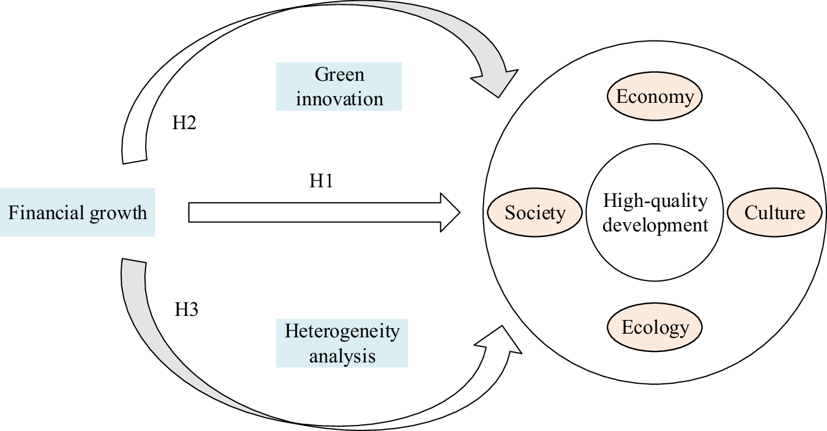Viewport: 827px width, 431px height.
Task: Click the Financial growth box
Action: coord(77,212)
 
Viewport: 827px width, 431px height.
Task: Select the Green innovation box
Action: coord(339,86)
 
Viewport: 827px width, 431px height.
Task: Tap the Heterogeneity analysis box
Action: coord(342,343)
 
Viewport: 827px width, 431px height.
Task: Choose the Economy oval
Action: coord(655,97)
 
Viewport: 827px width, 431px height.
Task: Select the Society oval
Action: coord(535,212)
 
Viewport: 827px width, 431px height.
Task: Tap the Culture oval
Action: coord(774,212)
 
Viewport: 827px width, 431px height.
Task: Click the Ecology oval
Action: coord(655,328)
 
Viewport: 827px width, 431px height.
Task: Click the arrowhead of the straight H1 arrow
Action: coord(450,212)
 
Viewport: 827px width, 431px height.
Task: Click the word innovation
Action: coord(339,99)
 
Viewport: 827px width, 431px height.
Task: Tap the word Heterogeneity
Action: coord(342,331)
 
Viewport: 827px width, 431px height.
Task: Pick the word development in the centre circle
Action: coord(655,225)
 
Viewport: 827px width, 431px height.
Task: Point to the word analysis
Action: coord(342,355)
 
